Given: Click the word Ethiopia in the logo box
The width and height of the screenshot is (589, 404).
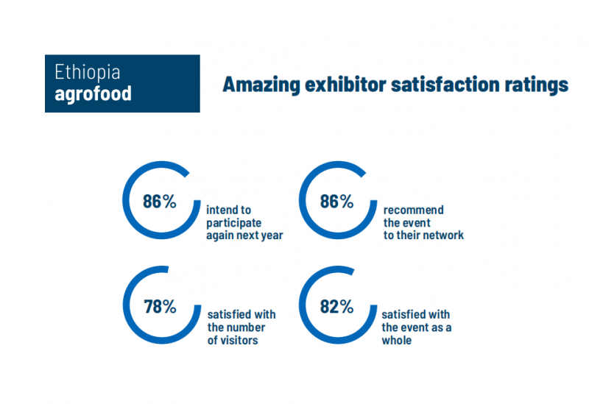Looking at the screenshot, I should (88, 72).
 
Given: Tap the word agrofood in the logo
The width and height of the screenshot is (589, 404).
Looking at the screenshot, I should (94, 94).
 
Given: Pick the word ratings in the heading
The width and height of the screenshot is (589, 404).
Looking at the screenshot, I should (540, 85).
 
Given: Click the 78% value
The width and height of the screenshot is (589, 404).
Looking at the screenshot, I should (160, 307).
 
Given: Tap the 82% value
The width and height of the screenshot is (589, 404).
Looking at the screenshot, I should (337, 307).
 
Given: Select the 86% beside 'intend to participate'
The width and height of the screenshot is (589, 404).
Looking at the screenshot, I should (160, 201).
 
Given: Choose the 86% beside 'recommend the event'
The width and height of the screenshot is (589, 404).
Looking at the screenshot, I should (337, 201).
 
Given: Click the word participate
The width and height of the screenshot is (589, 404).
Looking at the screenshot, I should (234, 223).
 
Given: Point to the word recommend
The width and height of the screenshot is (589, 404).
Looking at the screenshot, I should (414, 210).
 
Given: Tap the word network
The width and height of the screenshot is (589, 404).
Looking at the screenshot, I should (444, 235).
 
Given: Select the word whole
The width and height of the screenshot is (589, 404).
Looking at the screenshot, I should (397, 341).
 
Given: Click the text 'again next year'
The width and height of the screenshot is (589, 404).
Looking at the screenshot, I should (244, 235).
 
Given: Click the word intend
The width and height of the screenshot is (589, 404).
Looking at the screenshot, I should (222, 210).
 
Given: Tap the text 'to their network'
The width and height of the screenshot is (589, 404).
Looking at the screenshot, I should (423, 235).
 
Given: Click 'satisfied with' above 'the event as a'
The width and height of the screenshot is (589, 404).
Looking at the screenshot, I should (414, 315).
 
